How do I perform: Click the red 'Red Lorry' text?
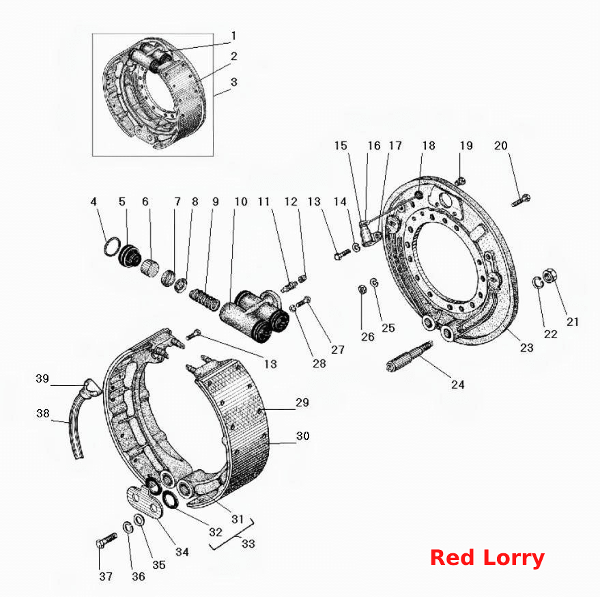click(x=487, y=557)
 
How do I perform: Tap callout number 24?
click(x=457, y=385)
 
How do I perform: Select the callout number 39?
click(x=42, y=378)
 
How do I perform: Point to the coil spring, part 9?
click(x=204, y=299)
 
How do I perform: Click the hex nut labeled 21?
click(x=550, y=276)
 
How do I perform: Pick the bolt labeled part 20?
click(x=521, y=200)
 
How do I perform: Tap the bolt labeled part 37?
click(x=106, y=540)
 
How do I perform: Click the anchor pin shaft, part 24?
click(x=410, y=356)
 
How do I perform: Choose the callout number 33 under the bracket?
click(x=248, y=544)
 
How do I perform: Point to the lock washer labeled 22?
click(x=538, y=283)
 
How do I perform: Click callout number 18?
click(x=429, y=145)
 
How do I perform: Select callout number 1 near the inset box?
click(x=234, y=36)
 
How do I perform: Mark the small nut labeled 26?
click(x=361, y=290)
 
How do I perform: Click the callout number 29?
click(x=302, y=402)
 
